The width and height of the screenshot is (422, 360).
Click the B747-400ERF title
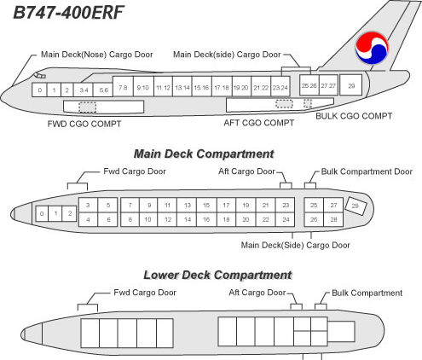[68, 13]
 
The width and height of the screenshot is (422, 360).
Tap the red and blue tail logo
[372, 48]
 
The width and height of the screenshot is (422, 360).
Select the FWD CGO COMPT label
[84, 124]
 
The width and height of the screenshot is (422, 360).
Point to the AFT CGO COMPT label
[259, 123]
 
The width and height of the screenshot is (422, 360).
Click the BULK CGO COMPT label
[354, 116]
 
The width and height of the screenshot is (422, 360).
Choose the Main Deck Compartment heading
[204, 154]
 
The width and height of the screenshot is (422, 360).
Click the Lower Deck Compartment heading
[217, 275]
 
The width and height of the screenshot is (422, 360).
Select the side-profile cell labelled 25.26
[309, 85]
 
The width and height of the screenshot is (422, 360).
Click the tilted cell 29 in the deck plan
[356, 206]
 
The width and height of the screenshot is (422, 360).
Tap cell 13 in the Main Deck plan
[187, 205]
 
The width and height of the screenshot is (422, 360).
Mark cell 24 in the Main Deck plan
[286, 219]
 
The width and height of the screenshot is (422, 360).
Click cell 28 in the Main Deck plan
[333, 219]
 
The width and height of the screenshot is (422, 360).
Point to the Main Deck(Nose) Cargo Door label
[97, 55]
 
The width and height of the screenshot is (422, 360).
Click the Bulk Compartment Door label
[367, 171]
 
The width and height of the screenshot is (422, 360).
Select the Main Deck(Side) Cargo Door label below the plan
[295, 245]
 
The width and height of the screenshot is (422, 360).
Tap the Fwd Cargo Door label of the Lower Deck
[145, 293]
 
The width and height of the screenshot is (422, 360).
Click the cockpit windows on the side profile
[40, 75]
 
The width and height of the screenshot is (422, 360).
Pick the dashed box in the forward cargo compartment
[88, 107]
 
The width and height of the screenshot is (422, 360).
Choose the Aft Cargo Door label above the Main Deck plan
[246, 171]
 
